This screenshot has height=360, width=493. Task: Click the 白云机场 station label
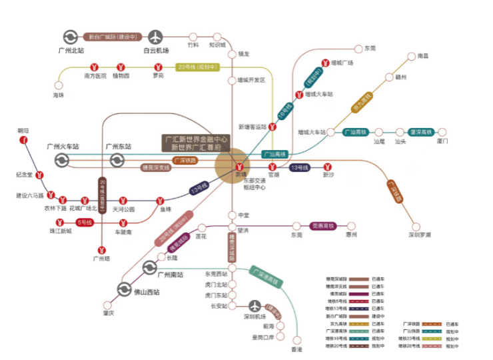pos(156,51)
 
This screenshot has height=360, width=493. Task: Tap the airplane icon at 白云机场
pos(155,37)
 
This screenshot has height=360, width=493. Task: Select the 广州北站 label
pos(71,51)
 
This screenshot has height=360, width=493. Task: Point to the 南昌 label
pos(422,56)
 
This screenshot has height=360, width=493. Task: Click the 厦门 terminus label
pos(442,141)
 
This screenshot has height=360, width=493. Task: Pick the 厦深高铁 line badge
pos(421,132)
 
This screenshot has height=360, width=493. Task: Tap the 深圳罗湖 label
pos(420,235)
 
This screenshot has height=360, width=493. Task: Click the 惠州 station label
pos(351,235)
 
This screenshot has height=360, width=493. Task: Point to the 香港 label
pos(297,349)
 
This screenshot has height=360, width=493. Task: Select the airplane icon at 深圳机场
pos(253,305)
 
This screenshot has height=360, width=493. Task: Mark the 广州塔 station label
pos(101,258)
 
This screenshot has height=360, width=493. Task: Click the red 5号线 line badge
pos(85,222)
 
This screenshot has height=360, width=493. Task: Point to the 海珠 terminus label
pos(59,95)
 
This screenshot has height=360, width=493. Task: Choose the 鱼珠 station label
pos(165,209)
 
